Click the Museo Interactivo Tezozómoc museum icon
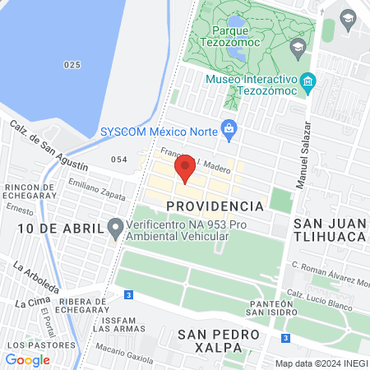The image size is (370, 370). pyautogui.click(x=308, y=81)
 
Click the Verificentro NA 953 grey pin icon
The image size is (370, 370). pyautogui.click(x=117, y=226)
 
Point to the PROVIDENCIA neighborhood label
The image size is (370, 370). pyautogui.click(x=214, y=205)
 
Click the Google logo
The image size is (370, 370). pyautogui.click(x=28, y=359)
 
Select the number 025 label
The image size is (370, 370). pyautogui.click(x=73, y=64)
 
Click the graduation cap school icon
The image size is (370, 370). pyautogui.click(x=349, y=17)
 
